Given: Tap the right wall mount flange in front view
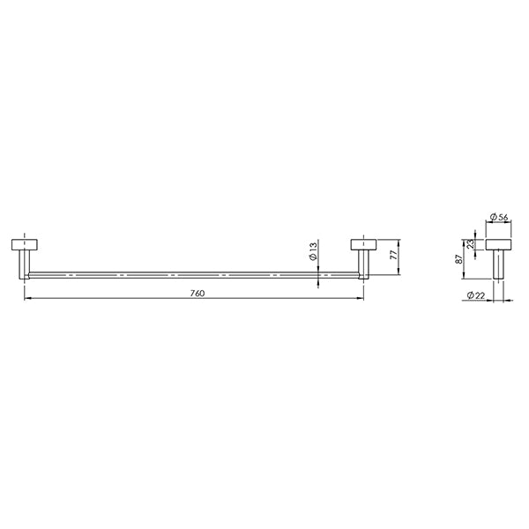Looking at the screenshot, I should (364, 244).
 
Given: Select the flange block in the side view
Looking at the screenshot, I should (499, 244).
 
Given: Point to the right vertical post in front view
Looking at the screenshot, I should (363, 263).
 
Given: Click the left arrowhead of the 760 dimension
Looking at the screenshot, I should (26, 300).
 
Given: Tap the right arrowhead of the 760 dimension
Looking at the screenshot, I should (361, 300).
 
